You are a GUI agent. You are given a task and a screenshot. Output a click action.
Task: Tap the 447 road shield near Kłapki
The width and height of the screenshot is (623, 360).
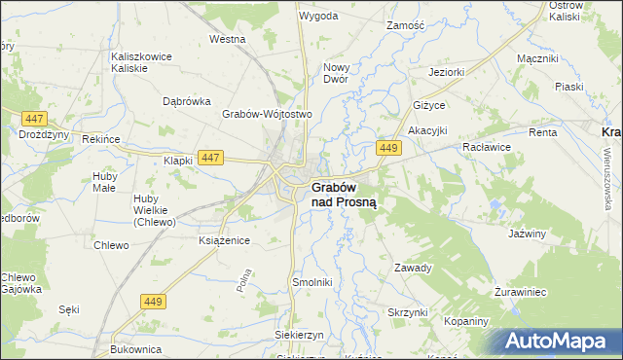[209, 157]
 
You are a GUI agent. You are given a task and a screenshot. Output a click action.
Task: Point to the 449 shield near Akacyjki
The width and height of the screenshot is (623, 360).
[388, 147]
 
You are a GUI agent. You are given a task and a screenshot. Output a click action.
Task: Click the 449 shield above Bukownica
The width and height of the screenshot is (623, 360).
[151, 303]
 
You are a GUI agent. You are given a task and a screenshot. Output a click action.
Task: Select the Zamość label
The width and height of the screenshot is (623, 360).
[407, 24]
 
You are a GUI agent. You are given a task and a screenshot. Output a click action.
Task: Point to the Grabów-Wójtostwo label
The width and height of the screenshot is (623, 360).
[267, 114]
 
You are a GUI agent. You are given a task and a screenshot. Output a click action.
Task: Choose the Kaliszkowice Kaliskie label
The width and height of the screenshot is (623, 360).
[142, 62]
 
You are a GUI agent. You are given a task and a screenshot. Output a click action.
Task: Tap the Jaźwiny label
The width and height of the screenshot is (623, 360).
[526, 234]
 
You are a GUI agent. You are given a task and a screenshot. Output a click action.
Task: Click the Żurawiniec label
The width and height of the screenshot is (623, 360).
[527, 291]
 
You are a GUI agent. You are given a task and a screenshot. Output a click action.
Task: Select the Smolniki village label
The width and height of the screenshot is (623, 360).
[313, 282]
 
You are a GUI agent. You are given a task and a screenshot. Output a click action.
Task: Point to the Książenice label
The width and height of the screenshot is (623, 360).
[225, 239]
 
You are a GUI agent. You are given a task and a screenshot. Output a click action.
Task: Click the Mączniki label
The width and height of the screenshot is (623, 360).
[536, 58]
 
